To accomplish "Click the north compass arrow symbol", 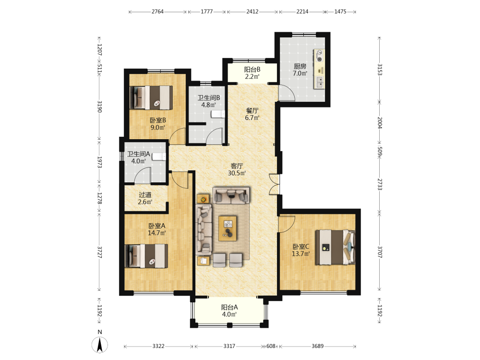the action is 99,344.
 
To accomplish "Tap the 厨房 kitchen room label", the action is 300,66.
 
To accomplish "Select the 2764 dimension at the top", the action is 157,12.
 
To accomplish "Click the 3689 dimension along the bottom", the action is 317,346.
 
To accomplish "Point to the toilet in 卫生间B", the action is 218,114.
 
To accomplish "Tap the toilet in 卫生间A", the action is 159,156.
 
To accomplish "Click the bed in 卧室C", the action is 336,247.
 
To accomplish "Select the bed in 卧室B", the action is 151,97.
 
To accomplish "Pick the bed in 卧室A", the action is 146,256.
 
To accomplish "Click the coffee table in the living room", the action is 228,228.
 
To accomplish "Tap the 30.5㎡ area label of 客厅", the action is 237,173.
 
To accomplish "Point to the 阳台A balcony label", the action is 229,307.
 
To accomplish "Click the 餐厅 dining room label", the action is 252,110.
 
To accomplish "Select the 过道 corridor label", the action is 145,195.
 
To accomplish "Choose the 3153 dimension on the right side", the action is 380,70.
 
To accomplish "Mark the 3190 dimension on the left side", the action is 99,107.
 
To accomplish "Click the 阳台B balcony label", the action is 252,70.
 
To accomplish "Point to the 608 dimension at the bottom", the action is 271,346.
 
